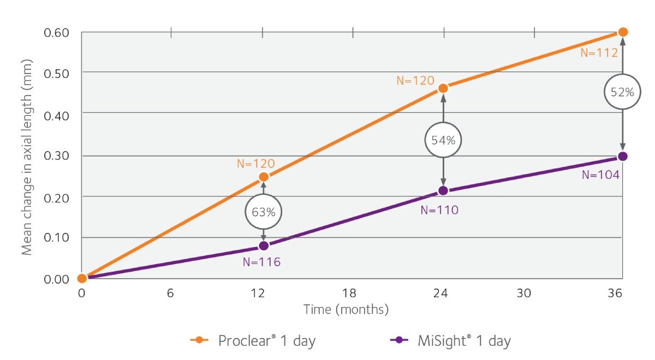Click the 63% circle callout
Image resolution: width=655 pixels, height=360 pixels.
(x=264, y=211)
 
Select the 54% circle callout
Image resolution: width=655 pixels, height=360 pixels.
(x=443, y=140)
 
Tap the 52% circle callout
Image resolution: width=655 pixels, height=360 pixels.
(x=622, y=92)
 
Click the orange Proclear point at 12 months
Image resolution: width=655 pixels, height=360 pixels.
(x=264, y=177)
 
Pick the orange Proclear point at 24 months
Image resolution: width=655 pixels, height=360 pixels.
(x=443, y=88)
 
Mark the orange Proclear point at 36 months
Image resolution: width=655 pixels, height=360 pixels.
(x=623, y=32)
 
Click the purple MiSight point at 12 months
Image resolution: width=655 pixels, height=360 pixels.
(x=264, y=246)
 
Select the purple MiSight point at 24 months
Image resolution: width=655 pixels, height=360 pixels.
(x=443, y=190)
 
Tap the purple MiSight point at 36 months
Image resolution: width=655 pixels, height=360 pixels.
(x=623, y=157)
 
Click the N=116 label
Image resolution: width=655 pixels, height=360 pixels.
(x=261, y=262)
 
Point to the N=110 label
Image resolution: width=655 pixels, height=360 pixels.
(x=439, y=210)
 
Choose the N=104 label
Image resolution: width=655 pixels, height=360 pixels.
(x=600, y=175)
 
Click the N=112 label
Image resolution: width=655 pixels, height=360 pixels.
(x=599, y=53)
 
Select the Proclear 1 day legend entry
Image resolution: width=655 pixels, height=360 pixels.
(x=253, y=341)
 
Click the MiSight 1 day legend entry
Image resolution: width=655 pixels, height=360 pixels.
(x=450, y=341)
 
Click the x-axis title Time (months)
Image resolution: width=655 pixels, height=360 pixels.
(x=346, y=310)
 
